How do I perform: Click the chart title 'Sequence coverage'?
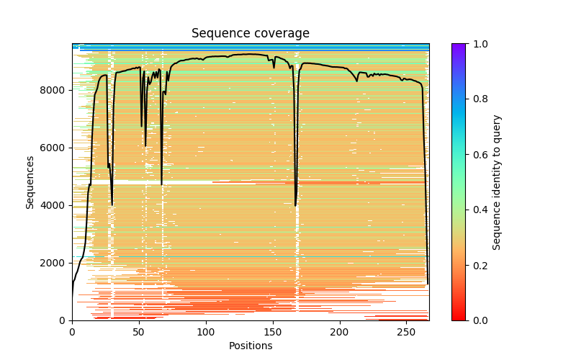[x=250, y=33]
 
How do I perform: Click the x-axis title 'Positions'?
[x=250, y=346]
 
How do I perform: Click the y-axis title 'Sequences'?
[x=30, y=181]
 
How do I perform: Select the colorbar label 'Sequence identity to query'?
[x=497, y=181]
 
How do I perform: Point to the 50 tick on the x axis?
[x=139, y=320]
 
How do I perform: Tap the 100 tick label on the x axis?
[x=206, y=331]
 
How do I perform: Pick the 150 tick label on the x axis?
[x=273, y=331]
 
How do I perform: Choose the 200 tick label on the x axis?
[x=339, y=331]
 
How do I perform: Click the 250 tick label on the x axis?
[x=406, y=331]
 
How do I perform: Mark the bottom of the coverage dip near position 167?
[x=295, y=206]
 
